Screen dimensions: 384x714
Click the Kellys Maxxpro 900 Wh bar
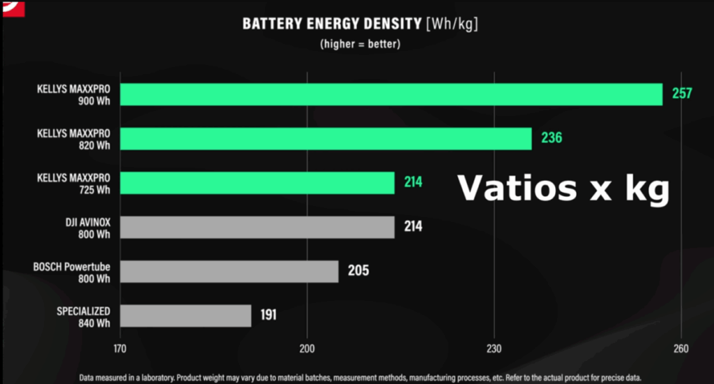tap(391, 94)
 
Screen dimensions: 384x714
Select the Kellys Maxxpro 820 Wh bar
tap(326, 138)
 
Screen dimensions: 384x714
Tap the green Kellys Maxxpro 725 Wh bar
tap(257, 183)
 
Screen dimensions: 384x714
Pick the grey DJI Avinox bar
tap(257, 227)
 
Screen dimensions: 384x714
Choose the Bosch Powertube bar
tap(229, 272)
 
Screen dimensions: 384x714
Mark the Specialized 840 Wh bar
tap(185, 316)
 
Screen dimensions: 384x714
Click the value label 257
tap(681, 94)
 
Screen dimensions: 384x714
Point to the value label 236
tap(552, 138)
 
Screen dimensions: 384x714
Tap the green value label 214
tap(413, 183)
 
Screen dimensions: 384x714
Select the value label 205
tap(358, 271)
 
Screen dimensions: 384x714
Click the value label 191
tap(268, 315)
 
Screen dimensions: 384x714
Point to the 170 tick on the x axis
tap(119, 349)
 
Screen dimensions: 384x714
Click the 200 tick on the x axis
tap(307, 349)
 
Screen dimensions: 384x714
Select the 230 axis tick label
tap(494, 349)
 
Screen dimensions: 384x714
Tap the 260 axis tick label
tap(681, 349)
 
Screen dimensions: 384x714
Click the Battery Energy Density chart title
tap(360, 24)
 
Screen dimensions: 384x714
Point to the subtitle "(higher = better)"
tap(360, 43)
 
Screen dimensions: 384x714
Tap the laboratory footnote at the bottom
tap(360, 377)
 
